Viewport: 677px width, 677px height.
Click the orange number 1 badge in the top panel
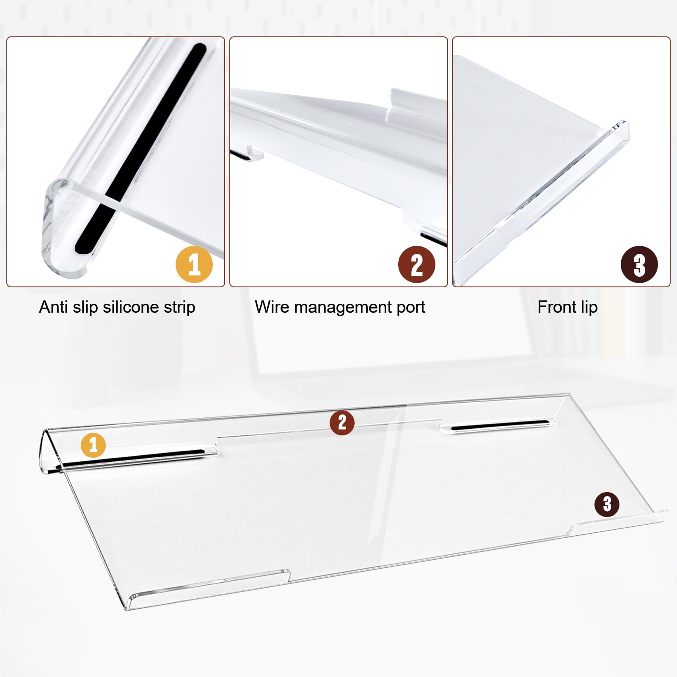(x=194, y=265)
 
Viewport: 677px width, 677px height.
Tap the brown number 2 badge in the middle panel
(x=417, y=265)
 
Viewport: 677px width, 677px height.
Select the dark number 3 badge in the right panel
(x=639, y=265)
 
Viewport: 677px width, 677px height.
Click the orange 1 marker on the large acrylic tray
(x=93, y=445)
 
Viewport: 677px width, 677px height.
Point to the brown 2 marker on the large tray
(x=342, y=422)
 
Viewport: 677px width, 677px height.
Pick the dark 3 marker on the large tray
(x=607, y=504)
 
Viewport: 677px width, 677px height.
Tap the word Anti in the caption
(x=54, y=307)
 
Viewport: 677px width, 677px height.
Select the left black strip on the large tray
(x=131, y=460)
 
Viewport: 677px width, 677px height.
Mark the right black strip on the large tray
(x=500, y=425)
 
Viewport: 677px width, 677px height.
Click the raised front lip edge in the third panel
(x=542, y=203)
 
